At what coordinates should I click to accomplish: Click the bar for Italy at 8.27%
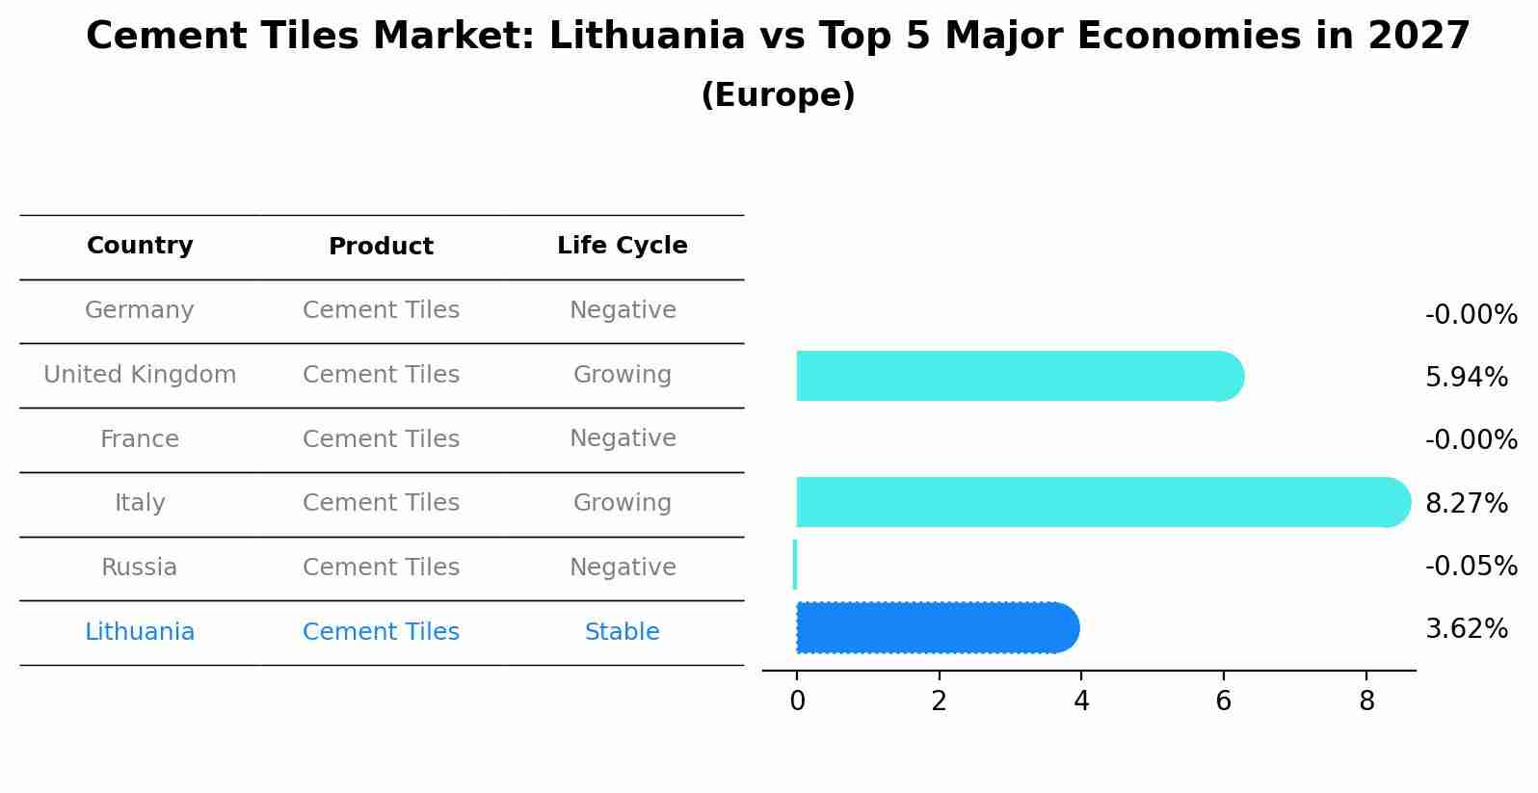(x=1099, y=502)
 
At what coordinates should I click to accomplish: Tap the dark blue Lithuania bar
(x=935, y=627)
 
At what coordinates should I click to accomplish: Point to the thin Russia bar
(x=795, y=565)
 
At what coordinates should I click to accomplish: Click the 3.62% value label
(x=1466, y=629)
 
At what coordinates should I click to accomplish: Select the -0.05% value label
(x=1471, y=566)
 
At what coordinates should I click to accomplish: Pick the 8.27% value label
(x=1466, y=503)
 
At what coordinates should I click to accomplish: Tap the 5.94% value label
(x=1466, y=377)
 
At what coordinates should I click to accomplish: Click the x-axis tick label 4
(x=1081, y=701)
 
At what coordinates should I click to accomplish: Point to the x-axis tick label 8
(x=1366, y=701)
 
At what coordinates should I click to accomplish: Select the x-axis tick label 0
(x=797, y=701)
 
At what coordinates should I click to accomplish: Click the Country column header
(x=140, y=246)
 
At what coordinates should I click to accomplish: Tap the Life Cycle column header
(x=623, y=246)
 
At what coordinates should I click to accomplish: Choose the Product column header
(x=381, y=247)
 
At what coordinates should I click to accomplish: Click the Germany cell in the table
(x=140, y=310)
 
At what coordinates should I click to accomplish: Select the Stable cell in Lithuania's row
(x=623, y=632)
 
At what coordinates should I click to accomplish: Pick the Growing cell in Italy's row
(x=623, y=503)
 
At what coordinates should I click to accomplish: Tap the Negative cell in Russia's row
(x=623, y=568)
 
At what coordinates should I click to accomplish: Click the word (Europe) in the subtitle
(x=778, y=95)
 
